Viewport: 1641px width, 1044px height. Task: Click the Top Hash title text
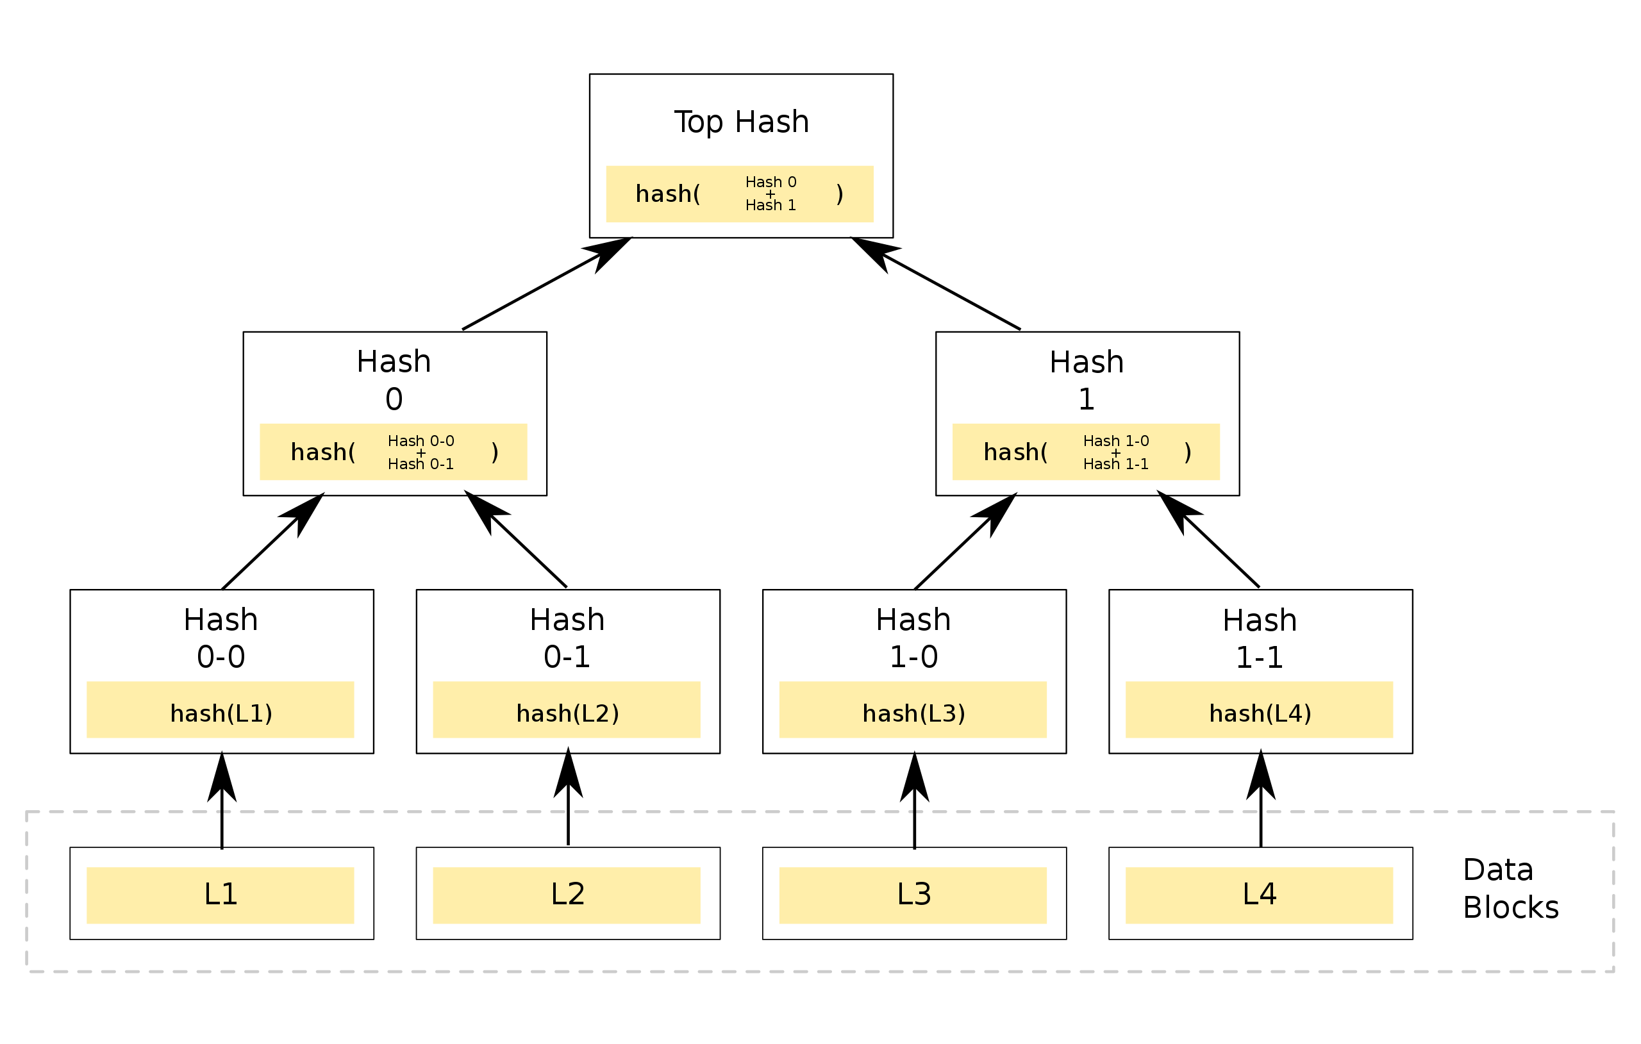point(742,122)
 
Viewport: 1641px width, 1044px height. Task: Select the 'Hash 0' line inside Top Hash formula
point(771,182)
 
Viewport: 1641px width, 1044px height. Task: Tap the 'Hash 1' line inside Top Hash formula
point(771,205)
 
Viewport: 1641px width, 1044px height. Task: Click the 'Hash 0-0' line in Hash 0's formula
point(421,441)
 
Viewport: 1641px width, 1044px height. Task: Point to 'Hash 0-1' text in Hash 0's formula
point(421,464)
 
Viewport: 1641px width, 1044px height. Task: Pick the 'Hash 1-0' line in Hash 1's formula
point(1115,441)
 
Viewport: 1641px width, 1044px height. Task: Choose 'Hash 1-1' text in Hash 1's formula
point(1115,464)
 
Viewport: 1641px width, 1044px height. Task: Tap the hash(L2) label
point(567,713)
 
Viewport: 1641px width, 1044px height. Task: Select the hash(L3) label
point(913,713)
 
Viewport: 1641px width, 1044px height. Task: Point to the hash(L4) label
point(1260,713)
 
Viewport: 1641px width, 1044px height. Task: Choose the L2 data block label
point(567,894)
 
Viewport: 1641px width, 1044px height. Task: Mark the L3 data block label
point(913,894)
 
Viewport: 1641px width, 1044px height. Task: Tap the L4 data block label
point(1260,894)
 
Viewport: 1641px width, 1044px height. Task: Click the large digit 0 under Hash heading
point(394,399)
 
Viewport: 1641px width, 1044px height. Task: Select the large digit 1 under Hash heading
point(1087,399)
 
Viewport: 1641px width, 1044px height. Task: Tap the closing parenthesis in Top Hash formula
point(840,194)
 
